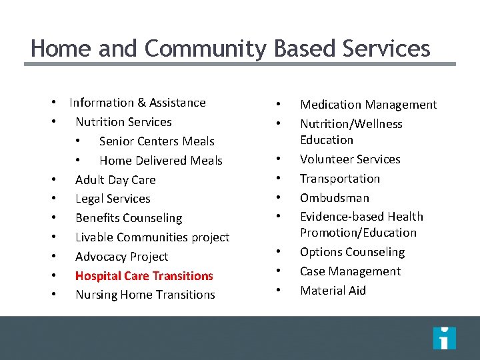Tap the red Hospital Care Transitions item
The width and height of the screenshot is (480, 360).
pyautogui.click(x=144, y=276)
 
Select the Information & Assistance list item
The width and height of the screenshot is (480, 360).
pyautogui.click(x=137, y=103)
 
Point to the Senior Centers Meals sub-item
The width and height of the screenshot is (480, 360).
pyautogui.click(x=157, y=141)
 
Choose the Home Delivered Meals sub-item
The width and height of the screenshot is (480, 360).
pyautogui.click(x=161, y=161)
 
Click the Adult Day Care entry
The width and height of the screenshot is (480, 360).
pyautogui.click(x=115, y=180)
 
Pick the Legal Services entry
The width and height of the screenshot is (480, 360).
pyautogui.click(x=113, y=199)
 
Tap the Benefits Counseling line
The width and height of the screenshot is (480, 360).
pyautogui.click(x=129, y=218)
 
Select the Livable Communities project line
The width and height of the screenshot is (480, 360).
pyautogui.click(x=152, y=237)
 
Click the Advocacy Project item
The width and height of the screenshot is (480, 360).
pyautogui.click(x=121, y=257)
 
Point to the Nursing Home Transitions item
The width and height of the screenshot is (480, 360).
pyautogui.click(x=145, y=295)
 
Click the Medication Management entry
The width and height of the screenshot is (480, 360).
pyautogui.click(x=368, y=105)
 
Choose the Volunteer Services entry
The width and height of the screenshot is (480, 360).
pyautogui.click(x=350, y=159)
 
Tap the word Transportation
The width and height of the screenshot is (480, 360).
pyautogui.click(x=340, y=179)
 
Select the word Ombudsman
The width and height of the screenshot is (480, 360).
pyautogui.click(x=335, y=198)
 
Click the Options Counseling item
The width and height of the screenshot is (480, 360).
pyautogui.click(x=352, y=252)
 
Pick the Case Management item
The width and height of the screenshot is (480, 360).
pyautogui.click(x=350, y=271)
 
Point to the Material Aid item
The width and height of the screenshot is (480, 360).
pyautogui.click(x=333, y=291)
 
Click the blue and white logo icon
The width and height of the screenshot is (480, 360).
pyautogui.click(x=444, y=338)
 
